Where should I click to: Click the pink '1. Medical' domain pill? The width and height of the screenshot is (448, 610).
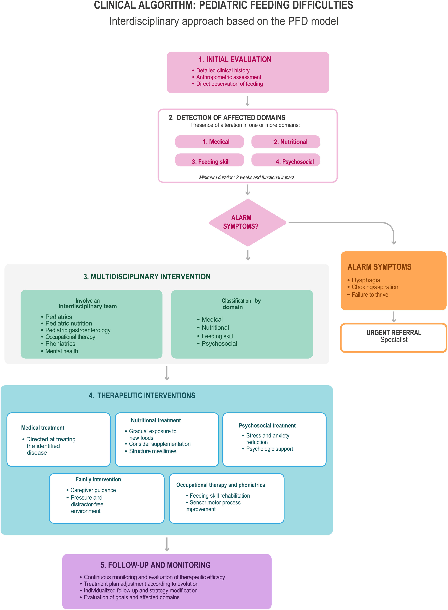point(209,142)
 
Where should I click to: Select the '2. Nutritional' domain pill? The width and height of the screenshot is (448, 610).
point(286,142)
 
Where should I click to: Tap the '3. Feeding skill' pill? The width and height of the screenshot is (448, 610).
point(209,160)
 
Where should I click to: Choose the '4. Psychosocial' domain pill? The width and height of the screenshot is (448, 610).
point(286,160)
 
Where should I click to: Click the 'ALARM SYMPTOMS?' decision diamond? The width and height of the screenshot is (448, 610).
point(248,222)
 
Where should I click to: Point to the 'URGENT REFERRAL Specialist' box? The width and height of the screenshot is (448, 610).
point(393,338)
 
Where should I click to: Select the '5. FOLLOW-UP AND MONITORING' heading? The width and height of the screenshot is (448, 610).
point(156,565)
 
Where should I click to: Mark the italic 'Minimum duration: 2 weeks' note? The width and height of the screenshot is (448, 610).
point(247,177)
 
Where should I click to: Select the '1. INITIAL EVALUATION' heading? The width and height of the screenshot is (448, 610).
point(235,59)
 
